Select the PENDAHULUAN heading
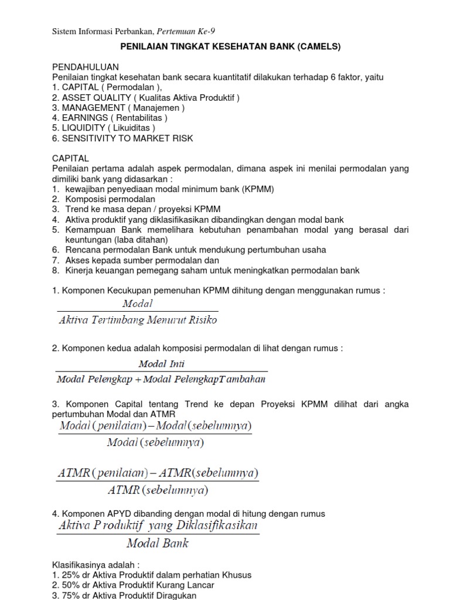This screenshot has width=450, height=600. coord(86,67)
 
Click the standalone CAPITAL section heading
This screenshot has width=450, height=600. coord(70,159)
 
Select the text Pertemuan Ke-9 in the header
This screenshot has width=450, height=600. coord(190,30)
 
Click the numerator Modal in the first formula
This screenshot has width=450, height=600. coord(137,304)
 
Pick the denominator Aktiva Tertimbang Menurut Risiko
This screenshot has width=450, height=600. coord(138,319)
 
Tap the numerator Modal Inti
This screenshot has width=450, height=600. coord(161,364)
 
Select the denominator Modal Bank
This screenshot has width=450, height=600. coord(158,543)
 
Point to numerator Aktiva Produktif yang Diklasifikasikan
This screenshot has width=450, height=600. coord(158,526)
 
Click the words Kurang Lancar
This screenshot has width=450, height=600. coord(187,585)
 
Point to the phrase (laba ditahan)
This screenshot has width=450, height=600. coord(141,240)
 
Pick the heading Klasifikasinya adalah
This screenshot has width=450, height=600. coord(96,565)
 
